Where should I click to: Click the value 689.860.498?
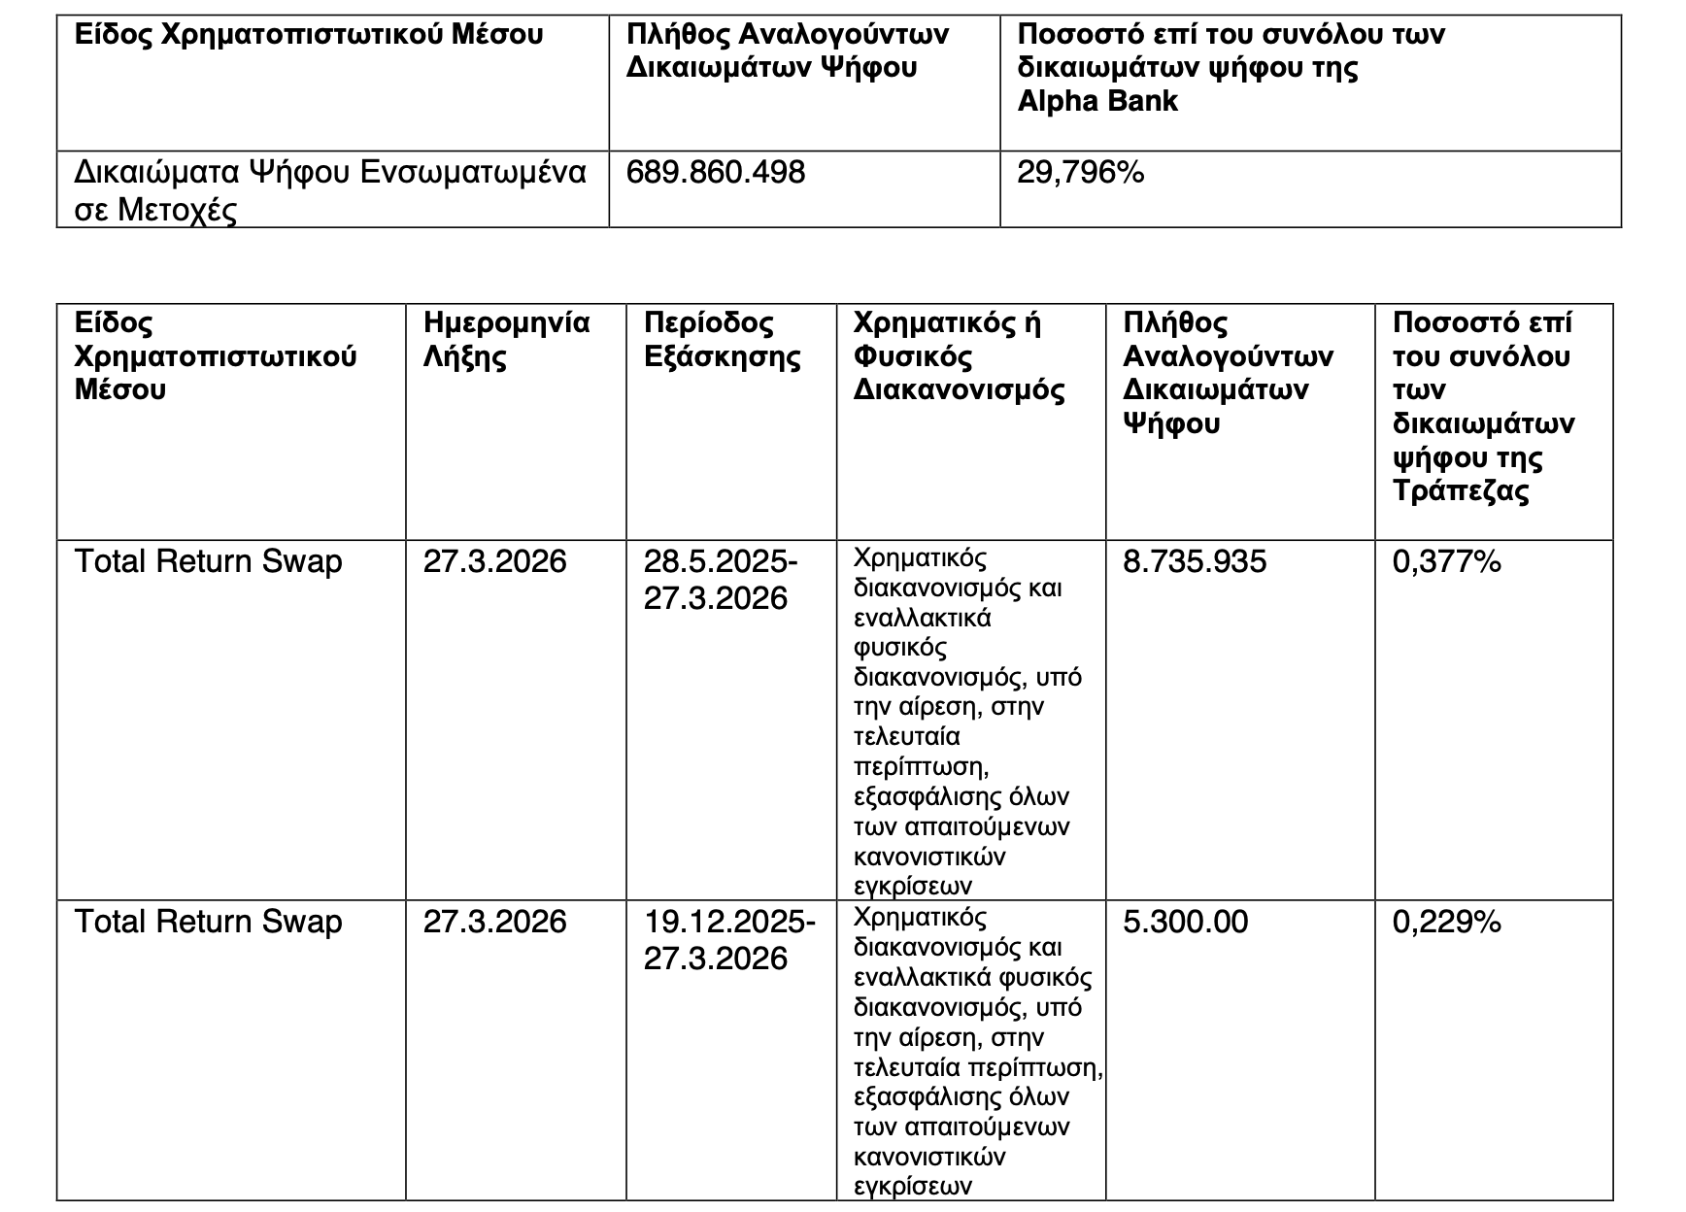point(716,173)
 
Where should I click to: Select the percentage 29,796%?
point(1080,173)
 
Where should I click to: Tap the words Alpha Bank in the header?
point(1097,101)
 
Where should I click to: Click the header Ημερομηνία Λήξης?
point(506,340)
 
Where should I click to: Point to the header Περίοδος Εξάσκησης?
point(722,340)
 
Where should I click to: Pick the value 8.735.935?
point(1195,562)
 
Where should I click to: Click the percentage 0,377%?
point(1446,562)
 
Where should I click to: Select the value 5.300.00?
point(1185,922)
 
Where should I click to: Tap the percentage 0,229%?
point(1446,922)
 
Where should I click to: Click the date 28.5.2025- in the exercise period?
point(721,562)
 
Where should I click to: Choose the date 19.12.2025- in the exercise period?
point(729,922)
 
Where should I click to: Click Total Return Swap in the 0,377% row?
point(208,562)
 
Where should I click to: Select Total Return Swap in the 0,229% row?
point(208,922)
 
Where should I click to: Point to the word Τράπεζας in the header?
point(1460,490)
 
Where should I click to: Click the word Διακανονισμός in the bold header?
point(959,390)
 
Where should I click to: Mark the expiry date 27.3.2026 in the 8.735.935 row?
point(494,562)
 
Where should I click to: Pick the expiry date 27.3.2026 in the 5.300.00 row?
point(494,922)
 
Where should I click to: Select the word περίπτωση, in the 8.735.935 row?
point(921,767)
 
